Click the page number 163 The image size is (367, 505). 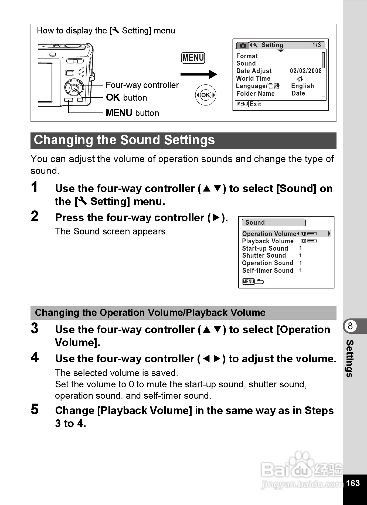pos(353,483)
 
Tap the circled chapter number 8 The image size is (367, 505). pos(350,326)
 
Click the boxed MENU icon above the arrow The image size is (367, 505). pos(193,58)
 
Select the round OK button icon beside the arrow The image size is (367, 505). pos(206,95)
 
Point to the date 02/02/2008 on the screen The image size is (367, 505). pos(306,71)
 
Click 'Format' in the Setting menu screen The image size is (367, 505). pos(247,56)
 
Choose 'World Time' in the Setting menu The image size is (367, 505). pos(253,79)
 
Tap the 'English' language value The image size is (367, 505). pos(303,86)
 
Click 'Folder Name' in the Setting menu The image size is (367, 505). pos(255,94)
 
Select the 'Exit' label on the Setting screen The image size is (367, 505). pos(255,104)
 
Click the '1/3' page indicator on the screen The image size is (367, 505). pos(317,45)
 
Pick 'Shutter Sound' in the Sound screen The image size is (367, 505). pos(264,255)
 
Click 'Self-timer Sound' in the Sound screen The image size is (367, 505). pos(268,271)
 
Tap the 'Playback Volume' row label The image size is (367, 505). pos(268,241)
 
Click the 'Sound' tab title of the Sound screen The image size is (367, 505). pos(255,223)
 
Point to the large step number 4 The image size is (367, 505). pos(35,358)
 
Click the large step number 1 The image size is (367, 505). pos(34,187)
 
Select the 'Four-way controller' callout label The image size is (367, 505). pos(142,85)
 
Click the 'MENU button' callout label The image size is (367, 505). pos(132,113)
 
